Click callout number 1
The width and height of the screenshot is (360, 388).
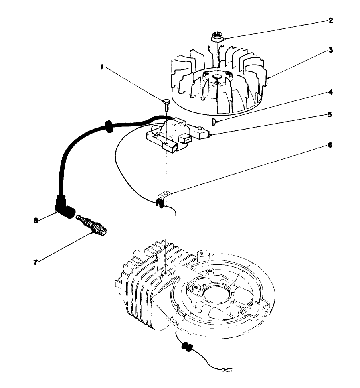pyautogui.click(x=103, y=68)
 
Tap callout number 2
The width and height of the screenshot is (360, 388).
pyautogui.click(x=330, y=20)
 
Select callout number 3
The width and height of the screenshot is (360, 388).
pyautogui.click(x=331, y=51)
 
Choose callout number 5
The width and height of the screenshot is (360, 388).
pyautogui.click(x=330, y=114)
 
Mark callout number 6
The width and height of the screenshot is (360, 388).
pyautogui.click(x=330, y=145)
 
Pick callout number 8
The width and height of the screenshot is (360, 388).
pyautogui.click(x=36, y=220)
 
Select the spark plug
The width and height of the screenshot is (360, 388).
pyautogui.click(x=94, y=226)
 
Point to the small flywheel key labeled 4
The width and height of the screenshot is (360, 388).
pyautogui.click(x=214, y=121)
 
